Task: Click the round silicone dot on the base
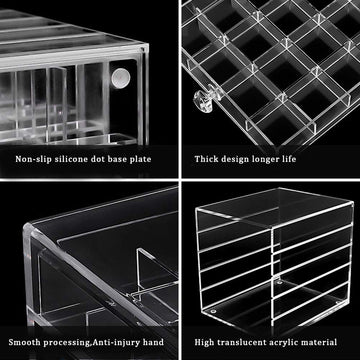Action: (x=122, y=76)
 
